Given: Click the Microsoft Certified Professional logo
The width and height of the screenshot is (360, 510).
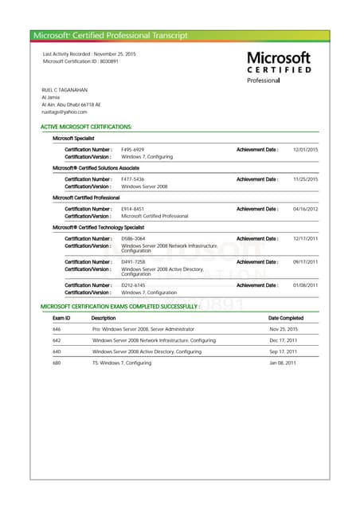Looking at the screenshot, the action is point(278,67).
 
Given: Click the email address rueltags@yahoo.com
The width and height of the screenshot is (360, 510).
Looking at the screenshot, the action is point(65,112).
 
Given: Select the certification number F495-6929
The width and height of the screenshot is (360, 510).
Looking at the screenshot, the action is point(132,150).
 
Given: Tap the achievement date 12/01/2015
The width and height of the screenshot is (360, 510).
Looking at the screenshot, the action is point(305,150).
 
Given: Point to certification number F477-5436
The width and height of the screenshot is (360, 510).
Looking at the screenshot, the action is point(132,179).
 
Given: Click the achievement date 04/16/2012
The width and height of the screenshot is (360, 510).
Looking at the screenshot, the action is point(305,209).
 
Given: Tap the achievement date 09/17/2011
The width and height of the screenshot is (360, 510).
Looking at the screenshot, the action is point(305,262).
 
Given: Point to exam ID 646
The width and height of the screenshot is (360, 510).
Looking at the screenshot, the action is point(57,329).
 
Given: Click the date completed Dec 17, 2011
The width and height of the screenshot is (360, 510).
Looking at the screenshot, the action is point(283,340).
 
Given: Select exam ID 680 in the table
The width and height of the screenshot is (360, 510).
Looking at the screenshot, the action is point(57,363).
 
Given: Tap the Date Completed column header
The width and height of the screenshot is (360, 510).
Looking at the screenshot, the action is point(286,318).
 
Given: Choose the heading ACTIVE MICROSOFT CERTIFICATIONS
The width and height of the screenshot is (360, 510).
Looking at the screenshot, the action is point(86,127).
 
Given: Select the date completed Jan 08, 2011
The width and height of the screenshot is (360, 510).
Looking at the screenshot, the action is point(283,363).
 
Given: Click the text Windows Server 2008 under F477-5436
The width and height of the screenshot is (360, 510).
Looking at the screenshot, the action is point(144,186).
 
